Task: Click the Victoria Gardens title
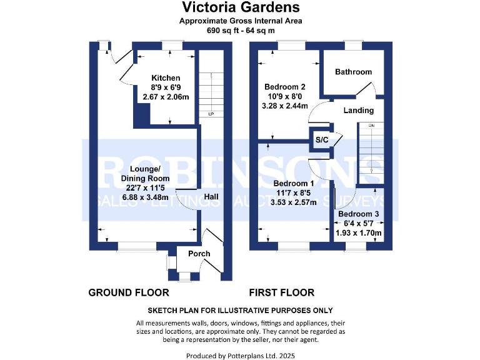tap(240, 7)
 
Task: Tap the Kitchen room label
tap(161, 78)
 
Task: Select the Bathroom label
tap(353, 72)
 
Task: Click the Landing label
tap(358, 110)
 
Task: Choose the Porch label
tap(199, 254)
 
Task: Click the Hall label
tap(211, 196)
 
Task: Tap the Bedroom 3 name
tap(358, 214)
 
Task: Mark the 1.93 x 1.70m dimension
tap(359, 233)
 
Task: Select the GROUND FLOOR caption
tap(128, 292)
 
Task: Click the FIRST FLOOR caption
tap(281, 292)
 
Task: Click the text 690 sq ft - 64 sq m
tap(240, 30)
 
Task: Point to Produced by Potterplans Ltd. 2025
tap(240, 355)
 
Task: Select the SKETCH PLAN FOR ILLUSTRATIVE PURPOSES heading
tap(240, 311)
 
